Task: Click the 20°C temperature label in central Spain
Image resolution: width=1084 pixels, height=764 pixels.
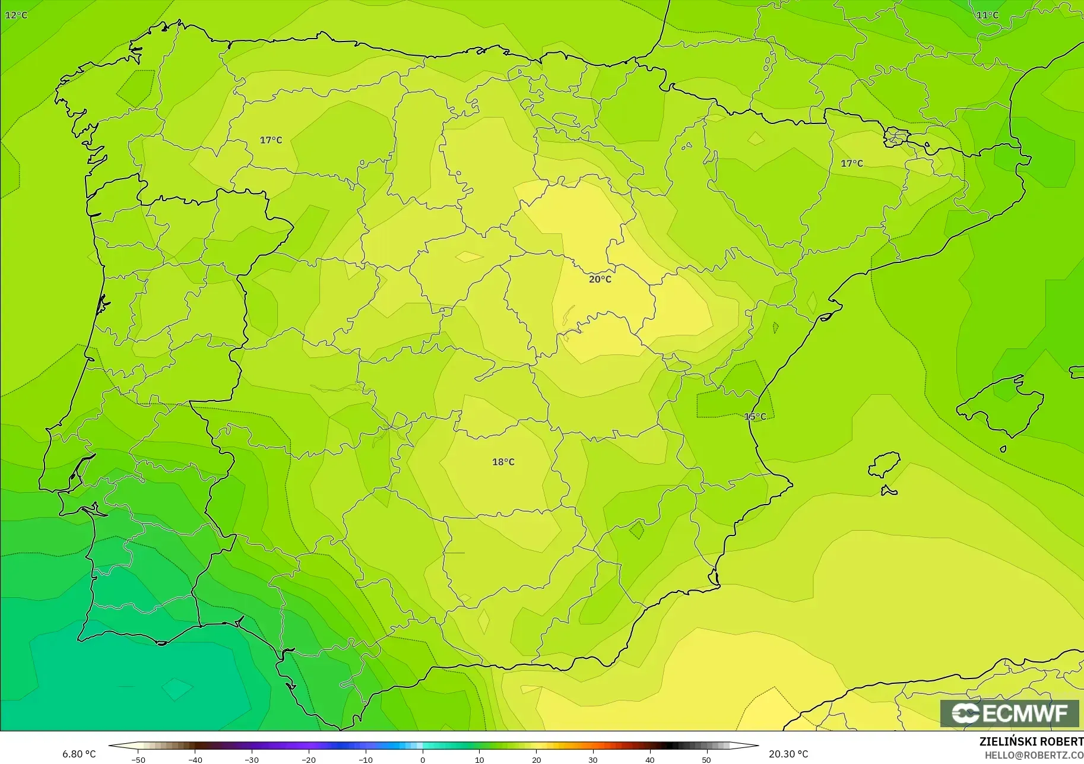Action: [x=600, y=279]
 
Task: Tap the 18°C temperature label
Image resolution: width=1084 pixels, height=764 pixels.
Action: [x=503, y=462]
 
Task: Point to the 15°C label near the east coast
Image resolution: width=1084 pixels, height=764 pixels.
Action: [x=755, y=417]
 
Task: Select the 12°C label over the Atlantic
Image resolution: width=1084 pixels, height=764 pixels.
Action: [x=16, y=15]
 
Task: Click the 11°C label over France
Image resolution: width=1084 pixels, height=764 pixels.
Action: [x=987, y=15]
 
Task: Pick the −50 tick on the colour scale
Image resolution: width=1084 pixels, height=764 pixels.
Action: [x=138, y=759]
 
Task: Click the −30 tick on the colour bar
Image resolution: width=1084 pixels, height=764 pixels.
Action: [x=252, y=759]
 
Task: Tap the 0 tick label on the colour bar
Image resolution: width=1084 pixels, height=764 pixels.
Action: [x=423, y=759]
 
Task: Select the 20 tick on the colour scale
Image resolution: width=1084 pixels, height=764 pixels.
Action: [x=536, y=759]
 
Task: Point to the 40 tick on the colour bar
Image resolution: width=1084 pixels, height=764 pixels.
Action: [x=650, y=759]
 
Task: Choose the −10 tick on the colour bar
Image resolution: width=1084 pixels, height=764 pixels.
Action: [x=366, y=759]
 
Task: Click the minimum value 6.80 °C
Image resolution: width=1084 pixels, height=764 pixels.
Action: [x=79, y=754]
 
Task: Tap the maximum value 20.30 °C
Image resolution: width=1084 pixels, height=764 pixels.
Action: [x=788, y=754]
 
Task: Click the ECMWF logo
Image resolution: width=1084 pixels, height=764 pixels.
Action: [x=1009, y=713]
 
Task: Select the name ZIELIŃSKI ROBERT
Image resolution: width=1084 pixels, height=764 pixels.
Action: [x=1031, y=742]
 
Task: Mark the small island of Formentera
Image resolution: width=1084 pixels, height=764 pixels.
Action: [x=889, y=491]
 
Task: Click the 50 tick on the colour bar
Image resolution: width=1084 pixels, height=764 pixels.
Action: [x=706, y=759]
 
